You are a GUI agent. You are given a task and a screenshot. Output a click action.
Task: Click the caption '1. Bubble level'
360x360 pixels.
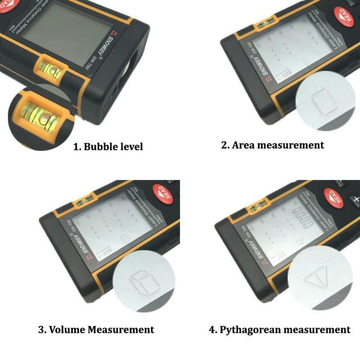[108, 146]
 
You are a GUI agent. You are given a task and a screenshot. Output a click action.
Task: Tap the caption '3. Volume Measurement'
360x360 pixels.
[96, 329]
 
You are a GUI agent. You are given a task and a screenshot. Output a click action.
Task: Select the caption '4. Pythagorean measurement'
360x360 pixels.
[279, 329]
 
